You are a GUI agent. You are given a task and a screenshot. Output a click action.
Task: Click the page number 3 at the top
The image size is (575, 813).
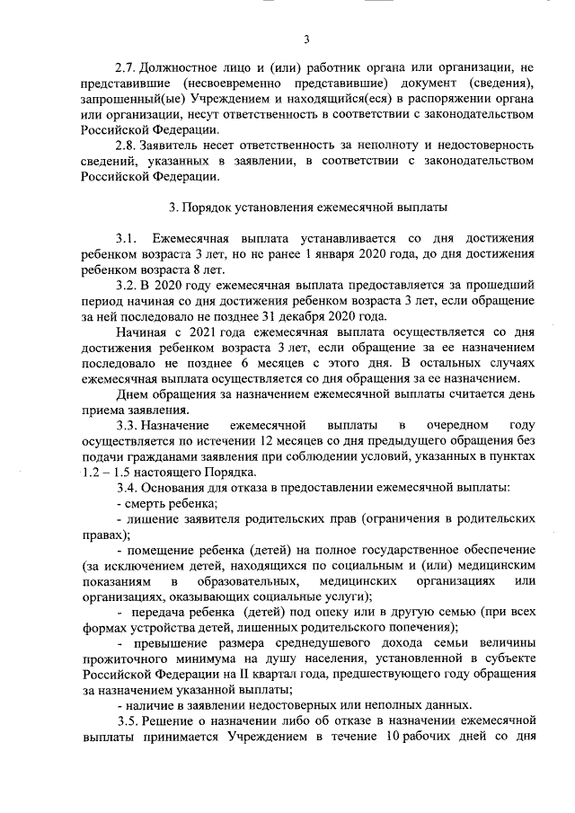tap(306, 39)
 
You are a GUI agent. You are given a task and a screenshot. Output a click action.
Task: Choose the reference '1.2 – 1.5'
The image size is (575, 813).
tap(109, 472)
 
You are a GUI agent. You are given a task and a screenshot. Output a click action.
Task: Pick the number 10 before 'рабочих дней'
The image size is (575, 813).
tap(400, 737)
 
